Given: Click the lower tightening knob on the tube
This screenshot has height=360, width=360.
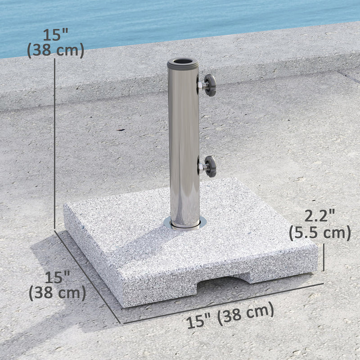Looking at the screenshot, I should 210,166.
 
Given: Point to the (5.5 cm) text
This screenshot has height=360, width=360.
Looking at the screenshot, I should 319,233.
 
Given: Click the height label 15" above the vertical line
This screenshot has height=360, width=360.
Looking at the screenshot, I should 55,34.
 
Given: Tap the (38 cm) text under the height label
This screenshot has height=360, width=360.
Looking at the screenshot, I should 55,50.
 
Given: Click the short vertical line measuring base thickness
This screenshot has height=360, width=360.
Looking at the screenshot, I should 324,256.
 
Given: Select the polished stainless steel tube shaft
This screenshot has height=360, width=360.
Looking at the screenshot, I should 184,144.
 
